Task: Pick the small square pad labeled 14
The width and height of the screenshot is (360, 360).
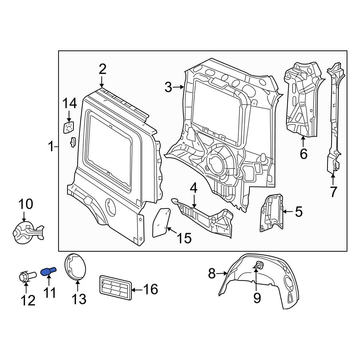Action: tap(68, 127)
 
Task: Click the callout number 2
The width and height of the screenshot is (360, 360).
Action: tap(103, 69)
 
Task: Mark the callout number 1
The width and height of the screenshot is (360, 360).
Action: tap(51, 147)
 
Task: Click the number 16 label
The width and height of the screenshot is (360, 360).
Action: tap(150, 289)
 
